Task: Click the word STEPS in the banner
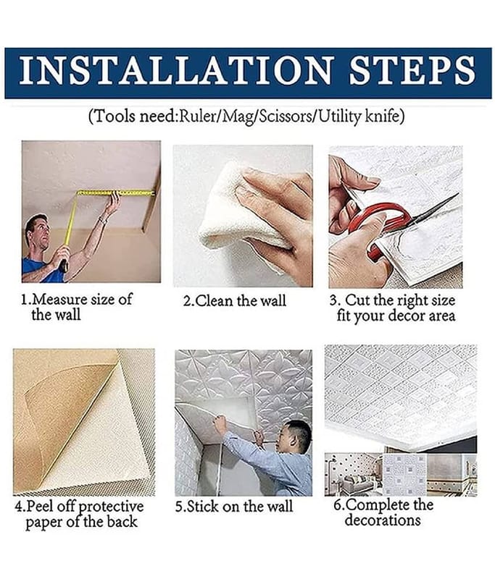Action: click(412, 70)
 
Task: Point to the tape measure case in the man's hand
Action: click(64, 265)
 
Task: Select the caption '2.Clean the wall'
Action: click(235, 300)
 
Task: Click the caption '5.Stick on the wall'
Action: click(234, 506)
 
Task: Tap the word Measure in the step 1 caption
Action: click(59, 299)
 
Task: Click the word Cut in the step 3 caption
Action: click(357, 300)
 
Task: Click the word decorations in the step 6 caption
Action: click(383, 520)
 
